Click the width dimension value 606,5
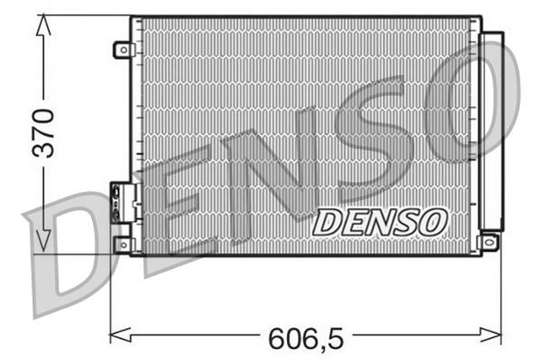[x=305, y=338]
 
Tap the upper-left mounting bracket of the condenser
[x=123, y=50]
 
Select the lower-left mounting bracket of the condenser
[x=123, y=244]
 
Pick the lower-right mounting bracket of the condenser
[x=488, y=243]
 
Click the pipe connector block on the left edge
[x=122, y=202]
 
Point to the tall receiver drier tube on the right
[x=491, y=131]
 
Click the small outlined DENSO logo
[x=379, y=223]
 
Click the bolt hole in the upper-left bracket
[x=122, y=51]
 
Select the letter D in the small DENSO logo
[x=327, y=223]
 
